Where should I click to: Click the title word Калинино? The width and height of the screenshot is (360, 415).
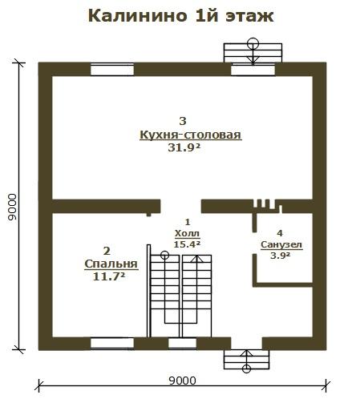point(137,16)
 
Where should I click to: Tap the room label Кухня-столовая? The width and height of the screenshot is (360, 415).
point(191,135)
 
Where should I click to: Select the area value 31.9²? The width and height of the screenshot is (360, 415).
point(184,147)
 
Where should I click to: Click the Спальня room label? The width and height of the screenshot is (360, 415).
point(111,264)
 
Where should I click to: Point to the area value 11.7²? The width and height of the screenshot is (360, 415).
point(109,276)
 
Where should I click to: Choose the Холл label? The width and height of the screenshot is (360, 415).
point(187,233)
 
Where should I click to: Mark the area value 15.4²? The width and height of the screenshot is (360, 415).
point(187,244)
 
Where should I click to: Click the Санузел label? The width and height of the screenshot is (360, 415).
point(281,244)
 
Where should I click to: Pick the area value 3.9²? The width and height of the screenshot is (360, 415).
point(280,256)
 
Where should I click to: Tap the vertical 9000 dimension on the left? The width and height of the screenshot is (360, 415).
point(12,207)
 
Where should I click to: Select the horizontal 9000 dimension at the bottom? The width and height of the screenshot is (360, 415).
point(183,381)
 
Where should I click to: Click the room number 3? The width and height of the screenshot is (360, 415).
point(183,121)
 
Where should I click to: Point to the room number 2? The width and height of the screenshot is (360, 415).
point(107,251)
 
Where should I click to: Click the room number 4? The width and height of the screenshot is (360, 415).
point(280,233)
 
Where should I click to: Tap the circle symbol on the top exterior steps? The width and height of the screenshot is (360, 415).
point(253,43)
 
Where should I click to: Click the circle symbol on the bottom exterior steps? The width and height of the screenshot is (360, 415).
point(246,369)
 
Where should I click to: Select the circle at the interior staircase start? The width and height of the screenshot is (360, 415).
point(164,255)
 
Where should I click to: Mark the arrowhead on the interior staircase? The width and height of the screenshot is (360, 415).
point(196,259)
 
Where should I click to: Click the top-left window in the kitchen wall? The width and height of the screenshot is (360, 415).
point(112,70)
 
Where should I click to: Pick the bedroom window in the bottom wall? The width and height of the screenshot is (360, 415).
point(112,343)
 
